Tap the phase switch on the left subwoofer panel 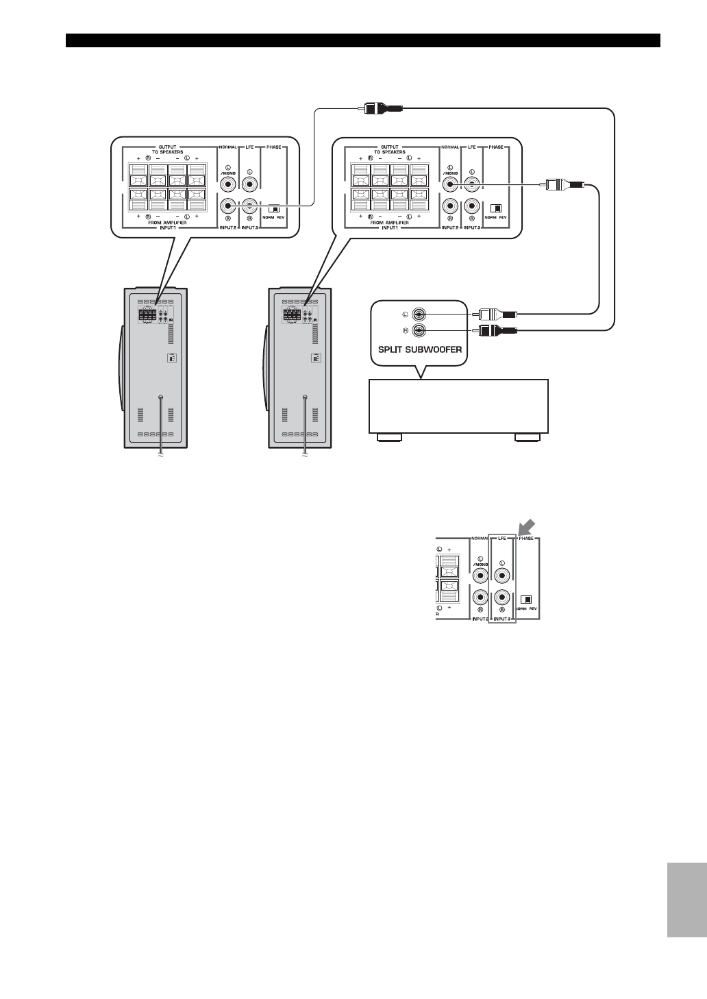click(275, 210)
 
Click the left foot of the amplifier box click(388, 436)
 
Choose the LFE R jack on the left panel click(251, 205)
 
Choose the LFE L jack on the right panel click(471, 183)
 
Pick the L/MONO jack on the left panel click(229, 184)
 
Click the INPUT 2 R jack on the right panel click(450, 205)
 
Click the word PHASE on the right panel click(496, 147)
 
